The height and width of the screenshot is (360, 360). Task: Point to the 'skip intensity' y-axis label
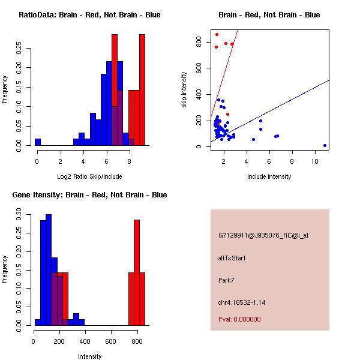pyautogui.click(x=185, y=90)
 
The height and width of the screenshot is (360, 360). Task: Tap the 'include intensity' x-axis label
pyautogui.click(x=269, y=176)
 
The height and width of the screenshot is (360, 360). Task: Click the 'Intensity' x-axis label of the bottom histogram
pyautogui.click(x=89, y=356)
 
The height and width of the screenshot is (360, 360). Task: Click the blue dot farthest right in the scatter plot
pyautogui.click(x=325, y=145)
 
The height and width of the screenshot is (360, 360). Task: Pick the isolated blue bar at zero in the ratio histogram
pyautogui.click(x=37, y=142)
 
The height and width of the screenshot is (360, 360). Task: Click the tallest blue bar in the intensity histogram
pyautogui.click(x=49, y=270)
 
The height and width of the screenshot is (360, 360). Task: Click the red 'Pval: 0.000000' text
pyautogui.click(x=239, y=319)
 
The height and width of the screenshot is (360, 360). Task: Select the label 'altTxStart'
pyautogui.click(x=232, y=258)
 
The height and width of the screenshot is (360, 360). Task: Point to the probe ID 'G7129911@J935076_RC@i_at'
pyautogui.click(x=263, y=236)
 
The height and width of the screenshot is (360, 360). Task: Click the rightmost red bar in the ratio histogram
pyautogui.click(x=142, y=90)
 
